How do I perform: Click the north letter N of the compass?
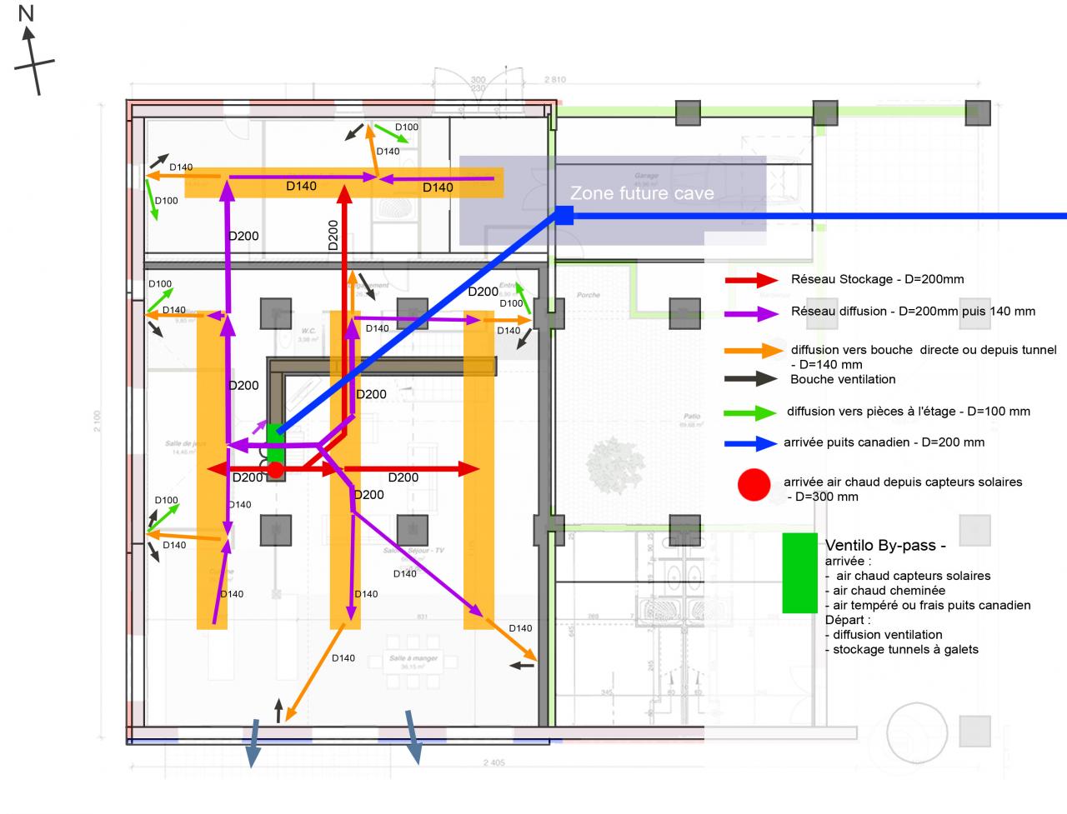point(26,13)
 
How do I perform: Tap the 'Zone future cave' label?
point(642,193)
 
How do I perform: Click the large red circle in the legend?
point(754,485)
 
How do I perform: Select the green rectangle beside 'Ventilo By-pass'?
point(799,573)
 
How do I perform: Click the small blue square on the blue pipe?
point(564,217)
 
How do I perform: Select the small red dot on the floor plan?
point(275,471)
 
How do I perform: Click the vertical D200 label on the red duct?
point(333,235)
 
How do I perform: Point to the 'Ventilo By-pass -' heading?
point(884,547)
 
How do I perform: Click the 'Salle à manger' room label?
point(413,659)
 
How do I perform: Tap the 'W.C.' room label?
point(308,332)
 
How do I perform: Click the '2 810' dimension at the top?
point(554,80)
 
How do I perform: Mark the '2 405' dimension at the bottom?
point(493,762)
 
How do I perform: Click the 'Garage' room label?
point(646,176)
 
